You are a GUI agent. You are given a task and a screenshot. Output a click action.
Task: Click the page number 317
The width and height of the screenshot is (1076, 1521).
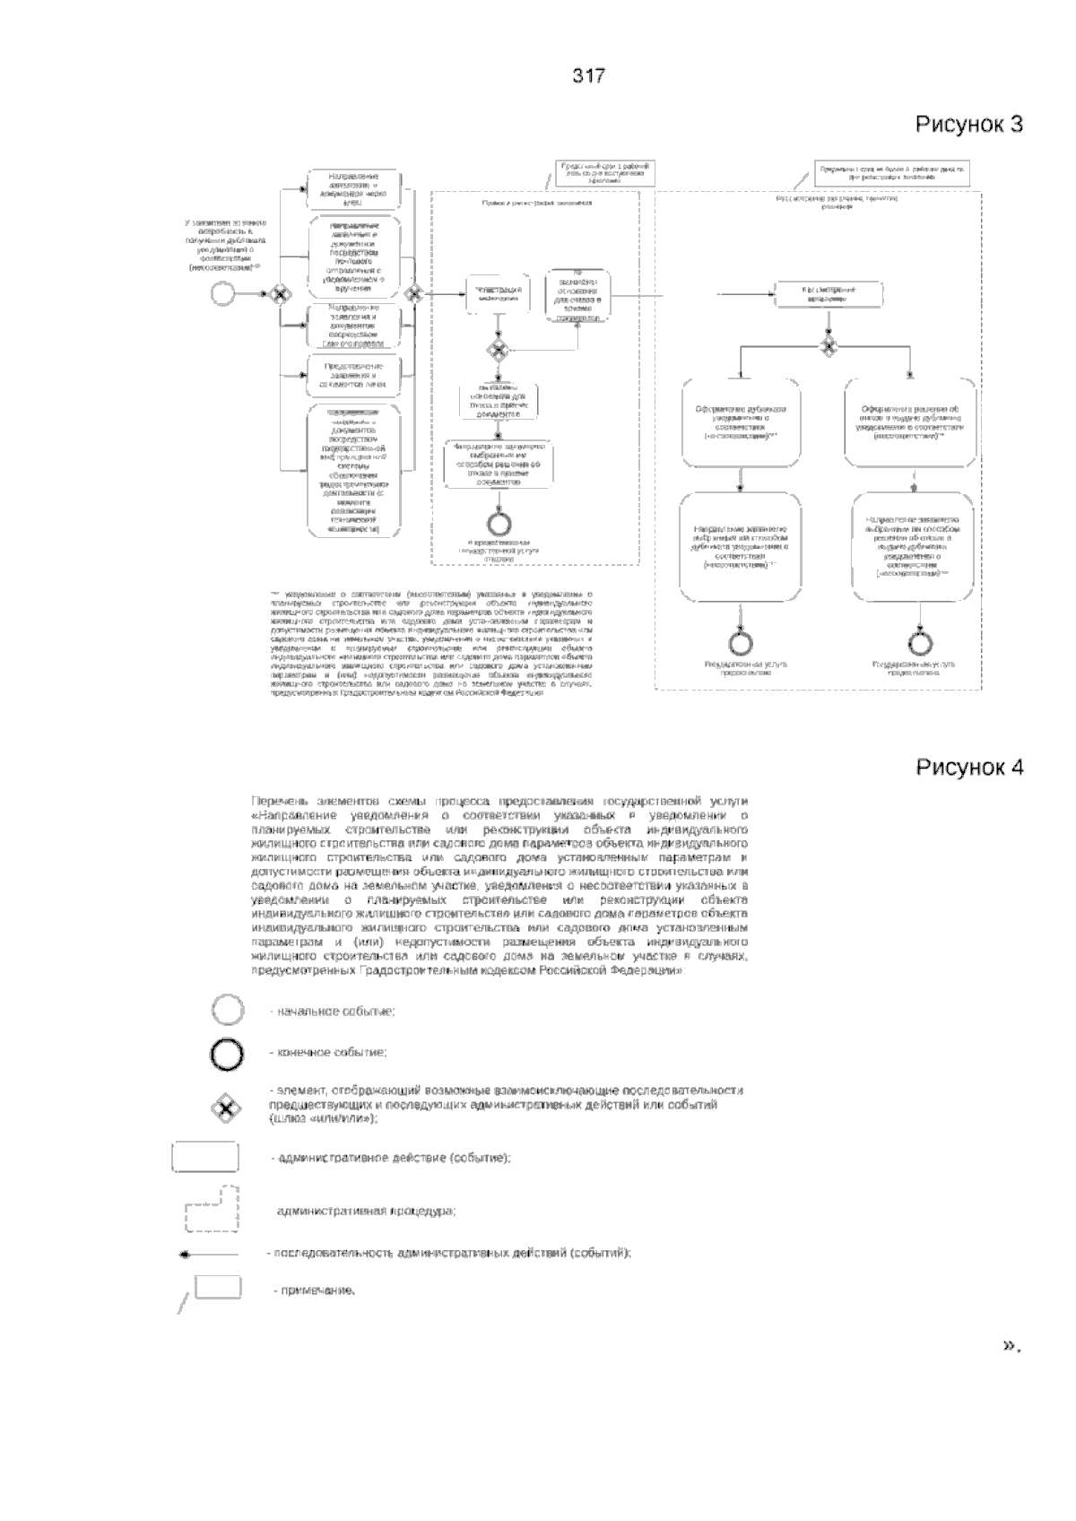tap(589, 76)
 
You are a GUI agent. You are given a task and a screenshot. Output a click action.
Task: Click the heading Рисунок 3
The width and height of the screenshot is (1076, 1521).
tap(968, 124)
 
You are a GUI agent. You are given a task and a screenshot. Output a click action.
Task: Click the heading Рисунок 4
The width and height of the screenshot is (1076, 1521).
tap(968, 767)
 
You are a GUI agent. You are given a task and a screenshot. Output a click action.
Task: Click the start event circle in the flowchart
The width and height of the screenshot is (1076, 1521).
tap(222, 293)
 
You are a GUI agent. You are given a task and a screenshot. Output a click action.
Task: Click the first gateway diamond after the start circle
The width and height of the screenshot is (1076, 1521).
tap(280, 293)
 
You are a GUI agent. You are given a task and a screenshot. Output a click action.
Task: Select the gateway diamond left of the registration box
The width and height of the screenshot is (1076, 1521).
tap(413, 293)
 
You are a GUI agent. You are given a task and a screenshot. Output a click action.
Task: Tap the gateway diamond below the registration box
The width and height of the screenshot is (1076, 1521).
tap(496, 349)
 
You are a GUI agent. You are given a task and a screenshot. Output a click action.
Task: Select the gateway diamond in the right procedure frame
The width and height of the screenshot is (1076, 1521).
tap(829, 344)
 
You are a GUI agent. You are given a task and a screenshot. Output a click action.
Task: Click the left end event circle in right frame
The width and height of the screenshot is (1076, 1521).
tap(742, 642)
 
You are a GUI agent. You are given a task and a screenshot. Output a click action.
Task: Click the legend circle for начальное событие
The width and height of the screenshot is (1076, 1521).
tap(227, 1011)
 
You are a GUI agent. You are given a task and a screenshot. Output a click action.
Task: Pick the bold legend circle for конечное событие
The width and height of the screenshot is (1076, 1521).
tap(227, 1053)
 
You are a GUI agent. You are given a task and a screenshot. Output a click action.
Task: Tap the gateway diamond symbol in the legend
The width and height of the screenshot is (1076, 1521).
tap(226, 1109)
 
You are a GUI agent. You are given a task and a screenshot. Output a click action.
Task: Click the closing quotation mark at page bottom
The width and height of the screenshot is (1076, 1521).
tap(1011, 1345)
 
